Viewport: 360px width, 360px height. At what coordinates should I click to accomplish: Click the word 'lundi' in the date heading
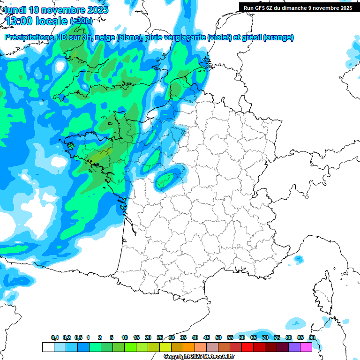[15, 10]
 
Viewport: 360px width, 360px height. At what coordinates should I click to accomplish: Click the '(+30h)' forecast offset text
[81, 21]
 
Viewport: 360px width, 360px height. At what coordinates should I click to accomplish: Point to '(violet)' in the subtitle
[219, 37]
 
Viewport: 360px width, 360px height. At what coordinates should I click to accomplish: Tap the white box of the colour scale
[48, 347]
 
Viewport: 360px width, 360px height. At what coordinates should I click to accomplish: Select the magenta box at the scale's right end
[306, 347]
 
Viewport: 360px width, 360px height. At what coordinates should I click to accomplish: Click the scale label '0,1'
[54, 338]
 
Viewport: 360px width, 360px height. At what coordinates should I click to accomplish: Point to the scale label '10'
[125, 338]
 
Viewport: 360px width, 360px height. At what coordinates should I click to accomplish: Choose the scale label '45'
[207, 338]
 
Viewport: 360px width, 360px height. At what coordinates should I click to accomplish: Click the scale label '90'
[312, 338]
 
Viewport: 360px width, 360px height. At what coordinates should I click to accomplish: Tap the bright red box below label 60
[247, 347]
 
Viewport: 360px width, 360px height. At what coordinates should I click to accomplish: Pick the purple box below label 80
[294, 347]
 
